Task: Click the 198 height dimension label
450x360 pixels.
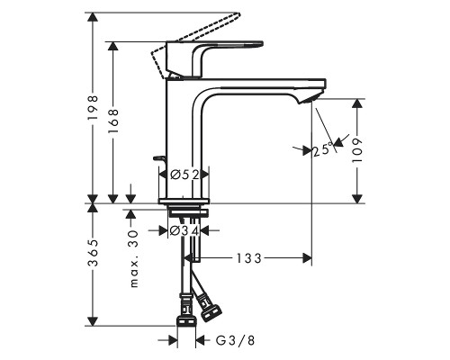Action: [93, 108]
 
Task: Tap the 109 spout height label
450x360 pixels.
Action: [357, 150]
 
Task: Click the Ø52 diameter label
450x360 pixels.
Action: [184, 174]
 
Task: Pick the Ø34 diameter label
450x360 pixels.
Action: [184, 230]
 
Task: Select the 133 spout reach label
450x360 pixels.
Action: [249, 258]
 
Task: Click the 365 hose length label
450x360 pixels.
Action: [93, 253]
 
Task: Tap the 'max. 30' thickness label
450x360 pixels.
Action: [134, 258]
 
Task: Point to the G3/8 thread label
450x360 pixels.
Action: [235, 340]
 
